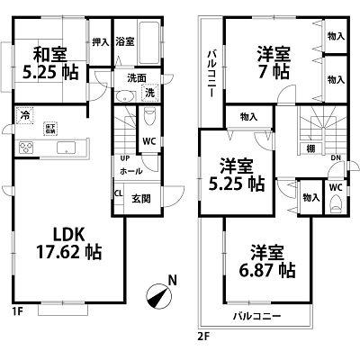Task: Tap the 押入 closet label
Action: [x=101, y=40]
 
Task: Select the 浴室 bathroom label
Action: [x=126, y=40]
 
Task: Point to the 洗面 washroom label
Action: [x=135, y=77]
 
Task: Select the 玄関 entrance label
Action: [x=141, y=199]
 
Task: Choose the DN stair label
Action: [x=335, y=160]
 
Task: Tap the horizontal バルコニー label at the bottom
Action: [x=256, y=317]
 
